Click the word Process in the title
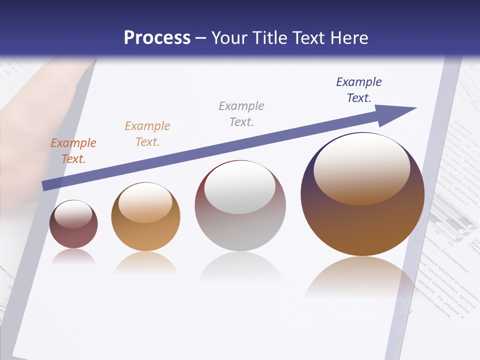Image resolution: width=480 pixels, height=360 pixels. click(157, 38)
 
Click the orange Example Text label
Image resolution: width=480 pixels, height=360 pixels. click(73, 151)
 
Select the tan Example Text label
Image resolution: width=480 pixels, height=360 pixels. click(147, 134)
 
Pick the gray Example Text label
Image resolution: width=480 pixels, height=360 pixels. click(241, 114)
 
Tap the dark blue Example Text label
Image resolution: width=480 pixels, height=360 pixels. click(359, 90)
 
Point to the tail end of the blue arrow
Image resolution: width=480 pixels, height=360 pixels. click(45, 186)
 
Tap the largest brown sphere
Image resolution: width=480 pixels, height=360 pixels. click(362, 225)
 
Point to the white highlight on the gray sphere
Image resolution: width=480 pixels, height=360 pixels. click(240, 186)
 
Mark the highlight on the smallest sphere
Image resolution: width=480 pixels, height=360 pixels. click(73, 213)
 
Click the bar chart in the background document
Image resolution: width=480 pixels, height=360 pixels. click(452, 220)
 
